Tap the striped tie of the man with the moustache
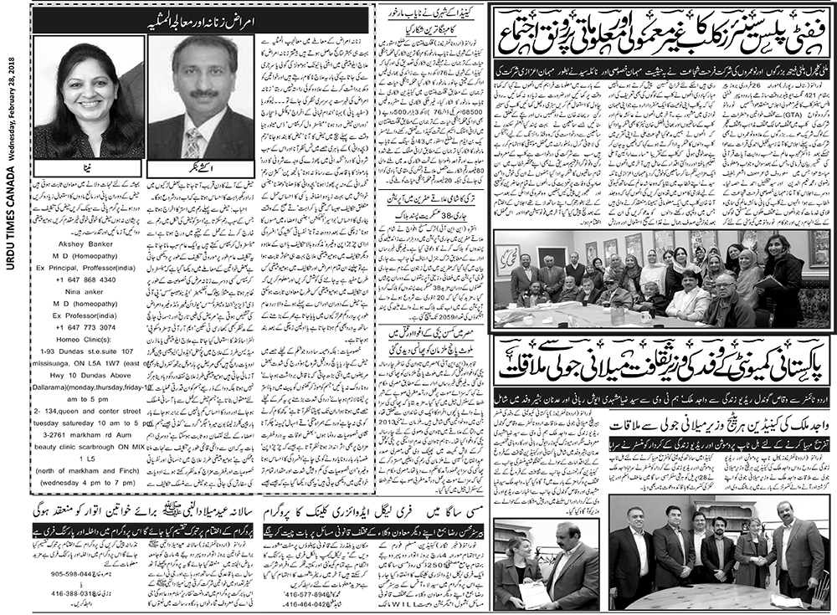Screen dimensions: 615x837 193,141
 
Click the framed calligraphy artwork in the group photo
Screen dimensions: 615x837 506,259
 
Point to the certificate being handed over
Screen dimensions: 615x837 531,594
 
